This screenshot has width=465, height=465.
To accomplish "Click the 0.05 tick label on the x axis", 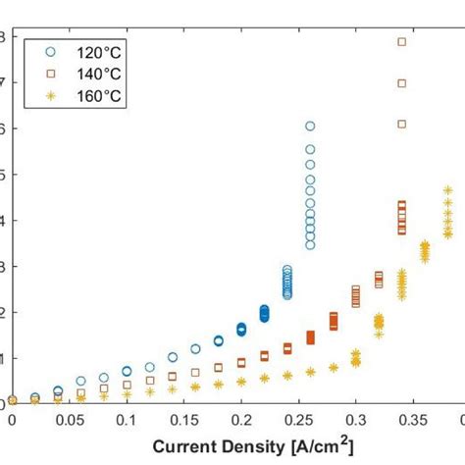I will [x=69, y=420].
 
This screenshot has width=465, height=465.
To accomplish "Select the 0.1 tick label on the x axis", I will [x=127, y=420].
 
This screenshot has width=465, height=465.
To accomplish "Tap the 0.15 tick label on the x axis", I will [x=183, y=420].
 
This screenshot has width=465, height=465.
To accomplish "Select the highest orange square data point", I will [x=401, y=42].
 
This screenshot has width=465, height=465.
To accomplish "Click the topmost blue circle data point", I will [x=310, y=127].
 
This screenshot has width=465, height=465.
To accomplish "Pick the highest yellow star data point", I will [x=447, y=190].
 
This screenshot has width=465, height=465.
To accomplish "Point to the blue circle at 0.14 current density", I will [x=173, y=357].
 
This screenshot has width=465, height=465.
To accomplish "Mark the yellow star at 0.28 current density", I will [x=334, y=368].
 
